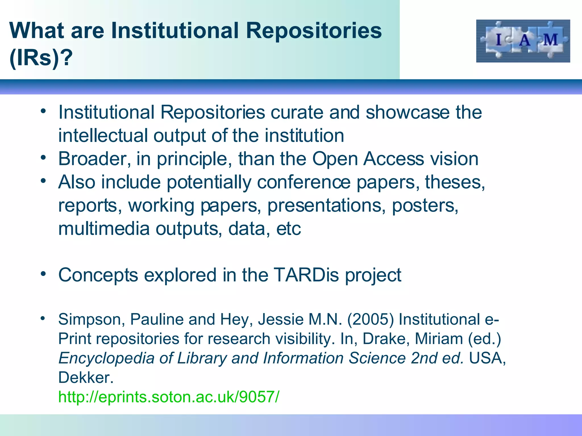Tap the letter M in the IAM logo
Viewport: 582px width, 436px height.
550,40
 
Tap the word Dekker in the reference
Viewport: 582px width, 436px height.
85,378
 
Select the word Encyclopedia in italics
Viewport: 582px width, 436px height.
106,358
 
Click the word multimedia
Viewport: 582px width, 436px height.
104,229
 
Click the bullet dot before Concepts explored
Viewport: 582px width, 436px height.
43,274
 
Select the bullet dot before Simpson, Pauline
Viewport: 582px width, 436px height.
43,318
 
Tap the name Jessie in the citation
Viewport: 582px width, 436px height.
281,319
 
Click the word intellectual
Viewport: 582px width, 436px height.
103,136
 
